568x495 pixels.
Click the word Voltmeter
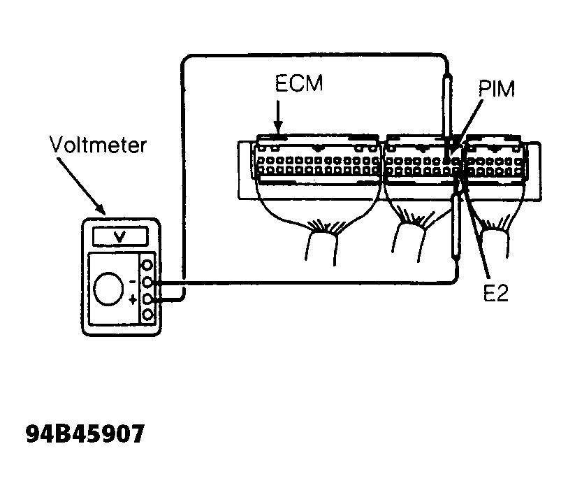(x=98, y=145)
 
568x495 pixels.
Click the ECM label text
(x=299, y=83)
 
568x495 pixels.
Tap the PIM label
(x=496, y=89)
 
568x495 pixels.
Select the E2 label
(x=496, y=293)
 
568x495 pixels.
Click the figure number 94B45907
(x=85, y=433)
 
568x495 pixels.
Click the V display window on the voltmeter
(x=120, y=236)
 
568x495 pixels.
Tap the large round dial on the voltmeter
(x=109, y=289)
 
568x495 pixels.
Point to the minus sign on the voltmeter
(x=133, y=281)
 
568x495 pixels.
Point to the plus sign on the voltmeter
(x=133, y=299)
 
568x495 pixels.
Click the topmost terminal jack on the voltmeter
(x=147, y=265)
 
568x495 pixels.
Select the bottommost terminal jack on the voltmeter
(x=147, y=315)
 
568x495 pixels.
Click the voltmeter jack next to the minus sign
(x=147, y=282)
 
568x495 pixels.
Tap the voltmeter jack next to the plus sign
(x=147, y=299)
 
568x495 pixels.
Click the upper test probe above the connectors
(x=447, y=109)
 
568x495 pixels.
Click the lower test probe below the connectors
(x=455, y=225)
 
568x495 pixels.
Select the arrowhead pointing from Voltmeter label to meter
(x=100, y=209)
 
